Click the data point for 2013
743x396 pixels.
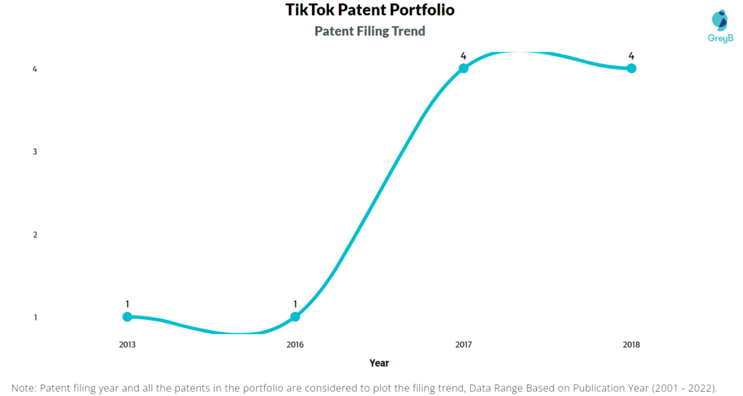coord(127,316)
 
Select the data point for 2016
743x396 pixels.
coord(295,316)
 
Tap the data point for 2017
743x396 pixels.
coord(464,68)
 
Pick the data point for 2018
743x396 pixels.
coord(631,68)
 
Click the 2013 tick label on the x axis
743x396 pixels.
coord(127,345)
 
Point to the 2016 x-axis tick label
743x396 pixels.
coord(295,345)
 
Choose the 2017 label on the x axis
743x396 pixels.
coord(464,345)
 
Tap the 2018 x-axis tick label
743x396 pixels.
coord(631,345)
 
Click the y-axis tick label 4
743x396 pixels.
coord(35,69)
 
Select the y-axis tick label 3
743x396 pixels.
coord(35,152)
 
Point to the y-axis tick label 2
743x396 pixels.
coord(35,235)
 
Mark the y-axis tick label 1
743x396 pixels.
coord(35,318)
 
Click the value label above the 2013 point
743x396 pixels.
coord(127,304)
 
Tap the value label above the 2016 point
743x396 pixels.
coord(295,304)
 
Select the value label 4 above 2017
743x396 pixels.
coord(464,56)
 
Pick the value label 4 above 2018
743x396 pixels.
coord(631,56)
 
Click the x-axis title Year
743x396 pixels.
coord(379,363)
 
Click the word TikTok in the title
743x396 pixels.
coord(309,9)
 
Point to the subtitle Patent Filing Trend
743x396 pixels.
coord(369,31)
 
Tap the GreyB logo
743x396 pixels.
coord(721,27)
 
